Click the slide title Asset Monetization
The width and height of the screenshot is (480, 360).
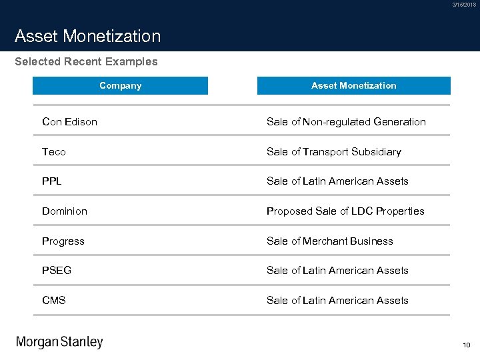point(87,36)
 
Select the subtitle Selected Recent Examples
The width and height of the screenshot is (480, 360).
point(86,62)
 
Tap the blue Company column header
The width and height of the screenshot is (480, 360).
point(120,85)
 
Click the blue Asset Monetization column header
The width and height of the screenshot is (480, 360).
point(353,85)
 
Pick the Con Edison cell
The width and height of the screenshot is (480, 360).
point(69,121)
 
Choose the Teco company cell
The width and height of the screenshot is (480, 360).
point(54,151)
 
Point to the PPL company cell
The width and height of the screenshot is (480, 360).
point(52,181)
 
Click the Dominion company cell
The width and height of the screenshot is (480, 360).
point(65,211)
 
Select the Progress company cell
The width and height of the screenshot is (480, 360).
point(63,241)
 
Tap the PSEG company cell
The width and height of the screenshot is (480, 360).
point(57,271)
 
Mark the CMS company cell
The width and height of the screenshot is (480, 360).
point(54,300)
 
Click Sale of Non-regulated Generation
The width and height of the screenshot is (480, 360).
point(346,121)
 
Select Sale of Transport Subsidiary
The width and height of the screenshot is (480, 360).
point(334,151)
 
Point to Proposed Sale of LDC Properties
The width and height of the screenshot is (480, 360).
point(345,211)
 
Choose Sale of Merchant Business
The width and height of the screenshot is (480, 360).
point(330,241)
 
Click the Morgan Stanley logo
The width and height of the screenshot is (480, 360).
point(59,343)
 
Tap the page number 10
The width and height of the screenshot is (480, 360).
point(466,345)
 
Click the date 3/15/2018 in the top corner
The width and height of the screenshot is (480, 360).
point(464,5)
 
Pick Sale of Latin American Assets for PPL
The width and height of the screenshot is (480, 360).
point(337,181)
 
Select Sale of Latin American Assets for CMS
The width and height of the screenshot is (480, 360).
point(337,300)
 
